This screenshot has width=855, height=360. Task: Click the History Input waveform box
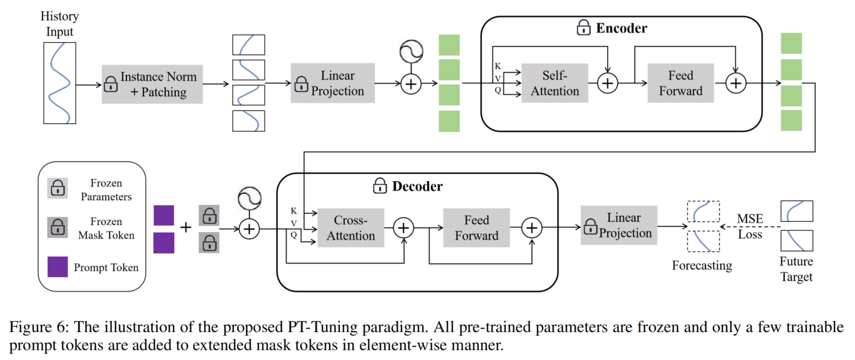59,83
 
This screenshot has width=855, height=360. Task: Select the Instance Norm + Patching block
152,84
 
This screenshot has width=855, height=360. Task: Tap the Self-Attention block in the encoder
554,83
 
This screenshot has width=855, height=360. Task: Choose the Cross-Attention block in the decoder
351,228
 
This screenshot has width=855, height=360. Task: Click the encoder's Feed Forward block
680,83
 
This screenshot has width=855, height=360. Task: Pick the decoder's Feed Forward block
476,228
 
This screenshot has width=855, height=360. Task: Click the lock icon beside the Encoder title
583,28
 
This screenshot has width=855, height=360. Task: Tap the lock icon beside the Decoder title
380,186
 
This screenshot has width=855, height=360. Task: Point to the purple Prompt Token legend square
58,267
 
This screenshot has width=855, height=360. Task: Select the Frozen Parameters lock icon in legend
58,188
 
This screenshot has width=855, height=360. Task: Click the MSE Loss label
750,226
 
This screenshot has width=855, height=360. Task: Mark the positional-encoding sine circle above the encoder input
411,52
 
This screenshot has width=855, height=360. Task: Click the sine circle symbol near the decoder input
250,198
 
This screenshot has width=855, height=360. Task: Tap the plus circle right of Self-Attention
607,83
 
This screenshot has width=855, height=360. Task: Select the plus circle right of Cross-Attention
404,228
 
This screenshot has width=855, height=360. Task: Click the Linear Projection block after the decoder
619,225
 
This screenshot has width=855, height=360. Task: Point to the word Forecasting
701,265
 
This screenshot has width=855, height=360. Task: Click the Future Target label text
796,269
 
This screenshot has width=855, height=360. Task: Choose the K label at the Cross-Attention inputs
294,211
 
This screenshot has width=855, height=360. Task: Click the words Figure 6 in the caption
38,327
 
